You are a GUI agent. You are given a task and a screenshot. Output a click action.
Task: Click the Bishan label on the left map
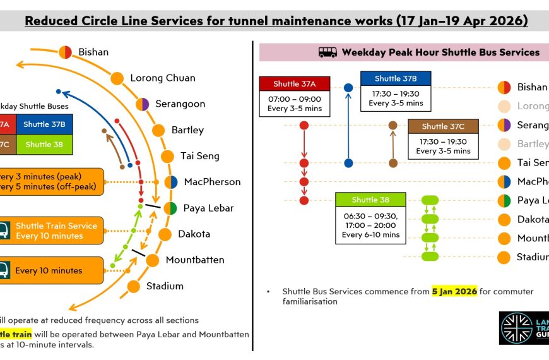pyautogui.click(x=93, y=52)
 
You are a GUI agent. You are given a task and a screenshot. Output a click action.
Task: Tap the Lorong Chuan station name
pyautogui.click(x=163, y=78)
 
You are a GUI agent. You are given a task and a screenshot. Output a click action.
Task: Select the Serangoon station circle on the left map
pyautogui.click(x=143, y=104)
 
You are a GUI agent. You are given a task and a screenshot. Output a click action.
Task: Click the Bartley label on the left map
pyautogui.click(x=187, y=130)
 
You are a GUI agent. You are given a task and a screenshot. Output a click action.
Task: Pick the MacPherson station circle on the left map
pyautogui.click(x=171, y=182)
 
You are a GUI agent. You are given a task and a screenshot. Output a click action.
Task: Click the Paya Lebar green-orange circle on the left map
pyautogui.click(x=170, y=208)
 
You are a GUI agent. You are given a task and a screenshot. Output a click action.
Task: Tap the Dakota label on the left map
pyautogui.click(x=194, y=234)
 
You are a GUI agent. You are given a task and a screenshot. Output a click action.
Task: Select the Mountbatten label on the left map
pyautogui.click(x=195, y=260)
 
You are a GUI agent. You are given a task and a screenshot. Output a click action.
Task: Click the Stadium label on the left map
pyautogui.click(x=165, y=285)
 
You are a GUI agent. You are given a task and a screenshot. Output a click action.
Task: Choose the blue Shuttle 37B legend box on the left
pyautogui.click(x=44, y=124)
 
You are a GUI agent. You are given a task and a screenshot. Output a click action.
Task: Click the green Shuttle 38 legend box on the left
pyautogui.click(x=44, y=145)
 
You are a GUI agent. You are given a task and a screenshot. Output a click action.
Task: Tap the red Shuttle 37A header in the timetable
pyautogui.click(x=295, y=84)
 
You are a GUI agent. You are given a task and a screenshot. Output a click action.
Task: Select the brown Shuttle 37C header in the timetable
pyautogui.click(x=443, y=126)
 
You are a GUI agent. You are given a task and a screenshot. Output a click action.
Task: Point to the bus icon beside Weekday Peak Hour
pyautogui.click(x=328, y=52)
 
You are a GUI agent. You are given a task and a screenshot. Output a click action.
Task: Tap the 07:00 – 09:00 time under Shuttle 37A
pyautogui.click(x=295, y=99)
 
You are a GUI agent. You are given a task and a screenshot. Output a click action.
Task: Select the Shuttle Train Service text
pyautogui.click(x=57, y=226)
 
